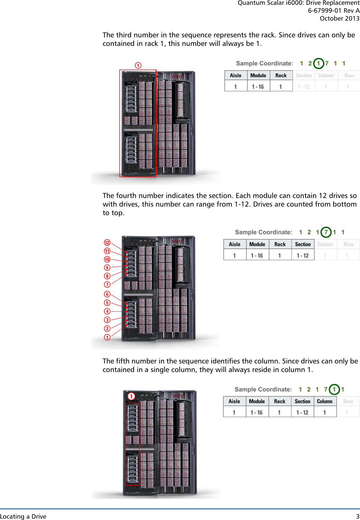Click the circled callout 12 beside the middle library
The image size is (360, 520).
pyautogui.click(x=107, y=243)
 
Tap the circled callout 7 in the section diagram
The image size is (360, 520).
pyautogui.click(x=107, y=285)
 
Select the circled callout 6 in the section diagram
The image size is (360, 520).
pyautogui.click(x=107, y=294)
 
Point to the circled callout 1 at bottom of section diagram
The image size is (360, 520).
pyautogui.click(x=107, y=337)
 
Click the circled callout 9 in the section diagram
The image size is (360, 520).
pyautogui.click(x=107, y=268)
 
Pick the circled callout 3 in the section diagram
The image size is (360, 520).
pyautogui.click(x=107, y=320)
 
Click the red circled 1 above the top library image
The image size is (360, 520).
pyautogui.click(x=138, y=65)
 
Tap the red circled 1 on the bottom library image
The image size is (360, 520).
pyautogui.click(x=131, y=396)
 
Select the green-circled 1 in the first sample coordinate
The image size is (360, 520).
pyautogui.click(x=319, y=63)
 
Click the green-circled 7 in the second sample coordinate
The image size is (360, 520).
pyautogui.click(x=326, y=232)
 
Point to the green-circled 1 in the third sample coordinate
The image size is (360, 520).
pyautogui.click(x=334, y=389)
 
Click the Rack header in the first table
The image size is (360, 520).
pyautogui.click(x=281, y=75)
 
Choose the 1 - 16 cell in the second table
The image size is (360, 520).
pyautogui.click(x=257, y=256)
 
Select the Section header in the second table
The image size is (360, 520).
pyautogui.click(x=303, y=244)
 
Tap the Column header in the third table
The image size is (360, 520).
pyautogui.click(x=325, y=401)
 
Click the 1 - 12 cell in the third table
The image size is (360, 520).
pyautogui.click(x=302, y=412)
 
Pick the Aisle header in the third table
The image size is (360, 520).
pyautogui.click(x=234, y=401)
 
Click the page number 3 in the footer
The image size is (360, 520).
pyautogui.click(x=358, y=516)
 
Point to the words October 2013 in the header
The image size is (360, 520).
pyautogui.click(x=339, y=18)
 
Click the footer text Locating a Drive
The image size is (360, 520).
pyautogui.click(x=23, y=516)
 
